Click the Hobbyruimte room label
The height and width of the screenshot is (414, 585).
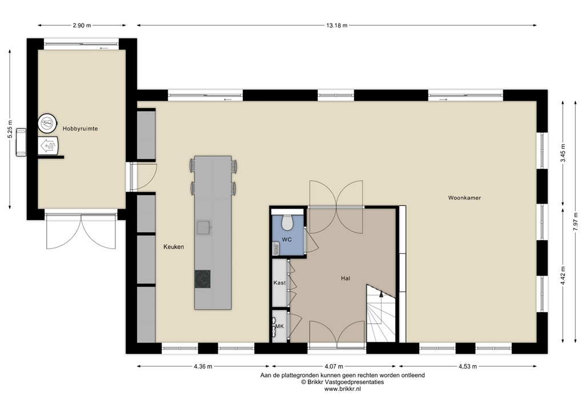tap(80, 129)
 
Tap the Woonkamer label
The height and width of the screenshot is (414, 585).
tap(464, 198)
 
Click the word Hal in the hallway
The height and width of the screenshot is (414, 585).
tap(344, 278)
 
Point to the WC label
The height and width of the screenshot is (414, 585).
tap(287, 240)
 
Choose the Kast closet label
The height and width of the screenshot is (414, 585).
tap(279, 283)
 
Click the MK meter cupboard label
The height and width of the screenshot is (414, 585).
tap(279, 327)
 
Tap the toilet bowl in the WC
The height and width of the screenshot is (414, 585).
tap(287, 221)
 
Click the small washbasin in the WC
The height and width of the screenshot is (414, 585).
tap(276, 248)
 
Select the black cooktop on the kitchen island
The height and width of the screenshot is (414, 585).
tap(202, 278)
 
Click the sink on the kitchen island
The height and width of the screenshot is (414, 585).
tap(204, 228)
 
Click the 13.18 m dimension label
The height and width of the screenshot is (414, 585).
tap(336, 26)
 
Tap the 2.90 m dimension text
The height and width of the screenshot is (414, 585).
tap(83, 26)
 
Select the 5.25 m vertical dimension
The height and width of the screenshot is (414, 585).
tap(10, 129)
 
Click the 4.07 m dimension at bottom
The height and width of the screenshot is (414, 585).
tap(335, 367)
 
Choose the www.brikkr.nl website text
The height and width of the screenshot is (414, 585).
tap(342, 389)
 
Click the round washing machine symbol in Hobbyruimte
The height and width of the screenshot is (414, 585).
tap(48, 123)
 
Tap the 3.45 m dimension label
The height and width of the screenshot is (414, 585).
tap(563, 153)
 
